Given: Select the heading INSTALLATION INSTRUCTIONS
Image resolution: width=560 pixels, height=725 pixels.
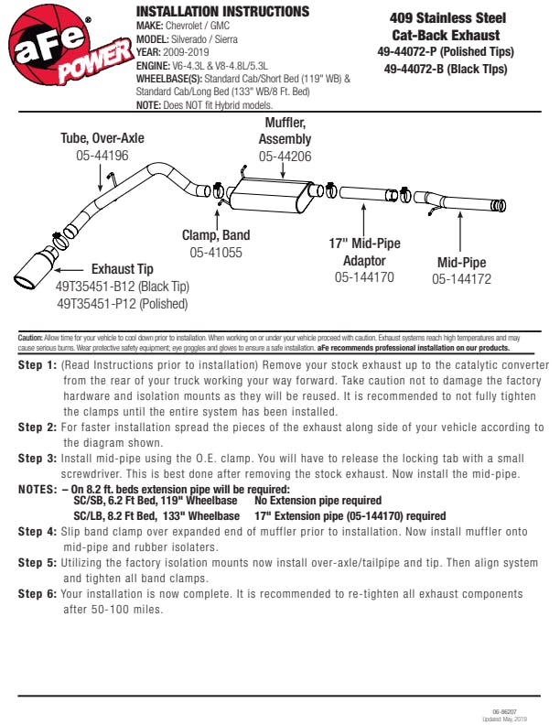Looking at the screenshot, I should [222, 12].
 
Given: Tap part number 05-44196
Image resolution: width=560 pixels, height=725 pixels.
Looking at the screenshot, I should [102, 156].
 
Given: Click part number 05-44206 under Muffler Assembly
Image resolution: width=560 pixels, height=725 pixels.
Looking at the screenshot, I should [285, 157].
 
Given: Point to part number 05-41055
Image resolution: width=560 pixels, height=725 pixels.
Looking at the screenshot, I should [216, 252].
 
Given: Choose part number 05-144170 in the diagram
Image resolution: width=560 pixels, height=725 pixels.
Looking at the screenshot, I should [364, 276].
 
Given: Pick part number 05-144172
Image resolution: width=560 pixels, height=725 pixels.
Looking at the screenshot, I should [461, 279].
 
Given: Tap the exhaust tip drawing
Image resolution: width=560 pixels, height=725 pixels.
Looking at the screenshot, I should [37, 268].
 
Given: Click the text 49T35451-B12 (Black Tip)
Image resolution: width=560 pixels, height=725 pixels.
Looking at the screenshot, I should [122, 286].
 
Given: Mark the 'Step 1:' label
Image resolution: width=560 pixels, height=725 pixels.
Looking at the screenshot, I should [38, 364].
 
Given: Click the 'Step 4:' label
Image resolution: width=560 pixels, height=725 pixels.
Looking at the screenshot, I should [38, 531].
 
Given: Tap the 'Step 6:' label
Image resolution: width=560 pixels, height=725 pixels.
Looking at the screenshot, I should [38, 594].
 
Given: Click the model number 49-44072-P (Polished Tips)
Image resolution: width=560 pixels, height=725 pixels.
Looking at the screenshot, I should [446, 52].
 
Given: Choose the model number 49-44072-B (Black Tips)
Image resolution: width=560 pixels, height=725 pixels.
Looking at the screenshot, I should [446, 69].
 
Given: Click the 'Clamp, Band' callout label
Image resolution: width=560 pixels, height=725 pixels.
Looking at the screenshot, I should [216, 235].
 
